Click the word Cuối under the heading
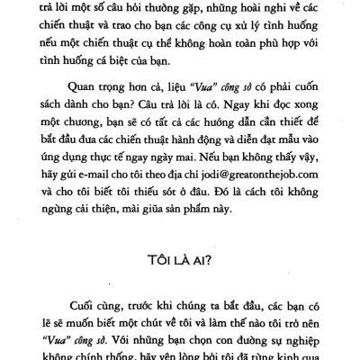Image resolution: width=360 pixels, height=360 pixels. (x=81, y=304)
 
